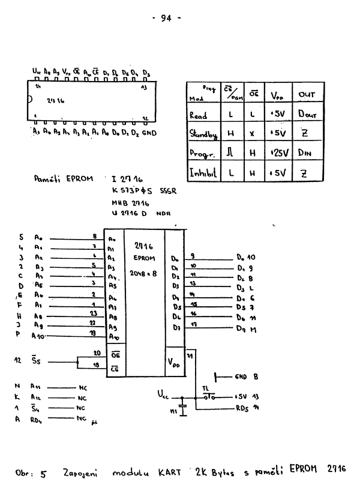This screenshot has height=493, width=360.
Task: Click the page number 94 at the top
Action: pyautogui.click(x=166, y=18)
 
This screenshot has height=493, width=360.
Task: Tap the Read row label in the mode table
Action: pyautogui.click(x=198, y=115)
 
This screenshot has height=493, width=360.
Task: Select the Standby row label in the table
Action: pyautogui.click(x=203, y=135)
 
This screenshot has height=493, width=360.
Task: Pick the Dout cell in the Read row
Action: pyautogui.click(x=308, y=115)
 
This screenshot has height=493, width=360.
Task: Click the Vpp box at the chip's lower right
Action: pyautogui.click(x=175, y=363)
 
